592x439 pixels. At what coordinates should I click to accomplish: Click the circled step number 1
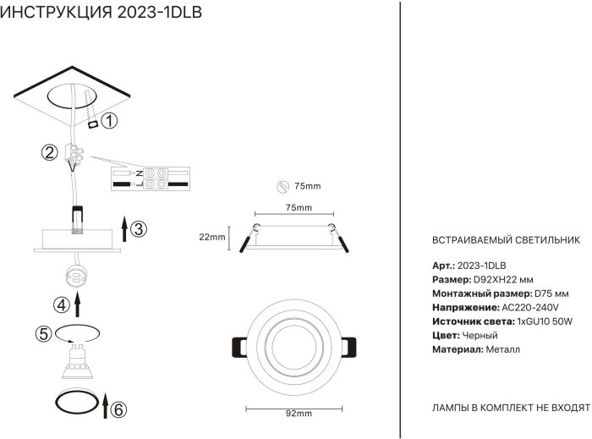(110, 121)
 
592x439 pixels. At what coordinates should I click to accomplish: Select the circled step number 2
(50, 153)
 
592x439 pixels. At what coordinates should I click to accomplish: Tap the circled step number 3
(140, 228)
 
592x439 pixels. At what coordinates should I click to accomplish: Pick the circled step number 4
(60, 305)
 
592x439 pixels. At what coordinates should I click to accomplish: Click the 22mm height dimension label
(211, 237)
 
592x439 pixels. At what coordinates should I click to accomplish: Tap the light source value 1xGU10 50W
(545, 321)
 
